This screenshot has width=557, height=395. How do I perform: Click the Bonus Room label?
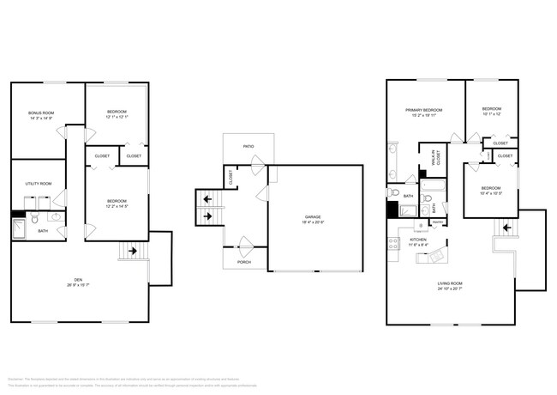(40, 112)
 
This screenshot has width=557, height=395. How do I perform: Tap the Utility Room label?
(40, 183)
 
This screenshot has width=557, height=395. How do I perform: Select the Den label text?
(78, 279)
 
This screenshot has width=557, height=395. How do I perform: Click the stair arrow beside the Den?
(133, 252)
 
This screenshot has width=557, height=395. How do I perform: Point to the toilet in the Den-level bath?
(35, 220)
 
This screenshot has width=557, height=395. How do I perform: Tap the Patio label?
(249, 147)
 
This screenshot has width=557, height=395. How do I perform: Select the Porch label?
(243, 262)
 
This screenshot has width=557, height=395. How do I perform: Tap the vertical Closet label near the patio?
(231, 177)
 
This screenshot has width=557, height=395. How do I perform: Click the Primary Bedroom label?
(424, 110)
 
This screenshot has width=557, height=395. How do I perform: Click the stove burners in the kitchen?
(393, 242)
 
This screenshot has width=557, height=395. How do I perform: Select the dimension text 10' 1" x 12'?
(491, 114)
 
